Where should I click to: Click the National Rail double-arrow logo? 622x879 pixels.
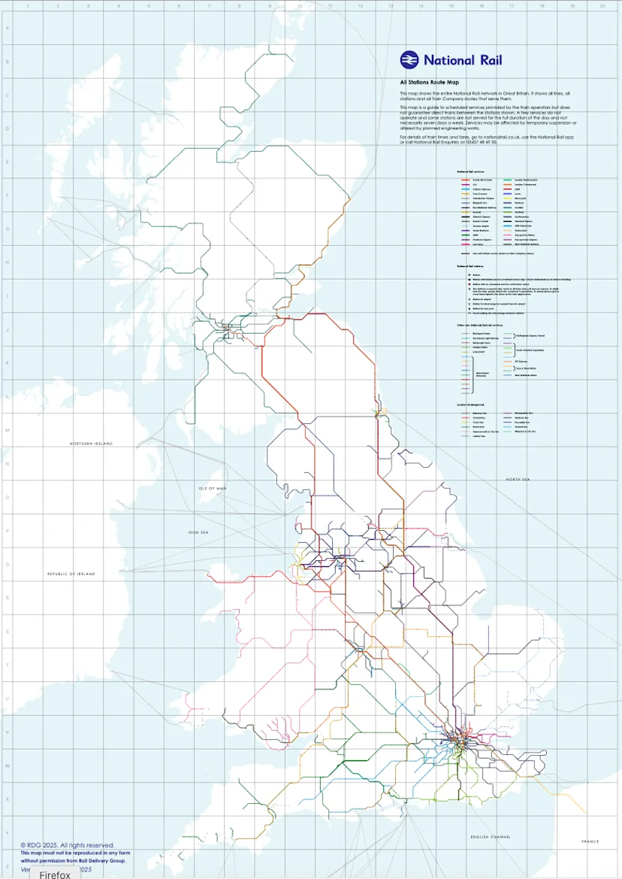(x=409, y=60)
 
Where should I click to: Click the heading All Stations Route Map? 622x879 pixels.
(x=429, y=82)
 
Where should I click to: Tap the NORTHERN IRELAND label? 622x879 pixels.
(x=91, y=444)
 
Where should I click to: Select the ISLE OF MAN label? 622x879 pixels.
(x=213, y=488)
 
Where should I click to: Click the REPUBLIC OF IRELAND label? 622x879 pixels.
(x=71, y=574)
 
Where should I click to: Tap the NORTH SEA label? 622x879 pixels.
(x=518, y=479)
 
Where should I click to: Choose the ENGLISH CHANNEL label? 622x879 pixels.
(x=490, y=836)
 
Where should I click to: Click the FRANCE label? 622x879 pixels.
(x=590, y=841)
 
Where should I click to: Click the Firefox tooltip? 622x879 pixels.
(x=55, y=874)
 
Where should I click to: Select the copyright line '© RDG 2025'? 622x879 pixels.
(x=68, y=845)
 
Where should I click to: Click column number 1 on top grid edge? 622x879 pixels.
(x=27, y=6)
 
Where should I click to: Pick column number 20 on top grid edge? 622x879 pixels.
(x=602, y=6)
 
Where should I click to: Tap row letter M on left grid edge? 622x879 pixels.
(x=7, y=431)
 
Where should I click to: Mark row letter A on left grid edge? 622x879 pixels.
(x=7, y=30)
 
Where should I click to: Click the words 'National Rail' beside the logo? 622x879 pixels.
(x=463, y=60)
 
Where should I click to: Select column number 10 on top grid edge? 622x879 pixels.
(x=300, y=6)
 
